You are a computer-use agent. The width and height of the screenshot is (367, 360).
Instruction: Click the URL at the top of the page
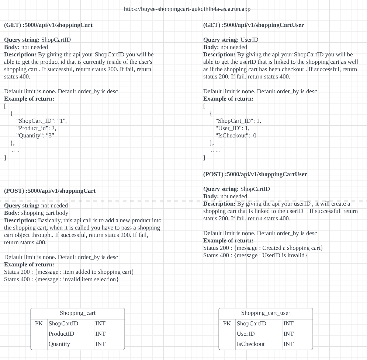coord(187,9)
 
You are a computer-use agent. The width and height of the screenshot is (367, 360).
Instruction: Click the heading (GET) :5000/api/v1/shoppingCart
coord(48,25)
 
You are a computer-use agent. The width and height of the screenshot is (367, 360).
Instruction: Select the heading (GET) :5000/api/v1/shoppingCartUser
coord(253,25)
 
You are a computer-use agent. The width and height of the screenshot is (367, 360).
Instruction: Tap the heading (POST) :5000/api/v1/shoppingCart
coord(50,191)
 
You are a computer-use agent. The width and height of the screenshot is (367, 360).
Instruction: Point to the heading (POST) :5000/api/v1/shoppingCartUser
coord(255,174)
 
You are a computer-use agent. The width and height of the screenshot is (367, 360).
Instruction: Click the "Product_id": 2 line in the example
coord(36,128)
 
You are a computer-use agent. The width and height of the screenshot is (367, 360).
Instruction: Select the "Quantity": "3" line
coord(35,136)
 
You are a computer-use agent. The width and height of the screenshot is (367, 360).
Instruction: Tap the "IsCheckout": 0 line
coord(236,136)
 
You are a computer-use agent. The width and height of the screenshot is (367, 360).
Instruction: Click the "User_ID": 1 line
coord(232,128)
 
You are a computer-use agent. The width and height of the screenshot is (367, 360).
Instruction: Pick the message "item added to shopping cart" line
coord(69,272)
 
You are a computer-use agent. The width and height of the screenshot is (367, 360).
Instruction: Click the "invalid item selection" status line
coord(61,279)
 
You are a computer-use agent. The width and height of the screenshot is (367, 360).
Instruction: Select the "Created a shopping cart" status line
coord(263,248)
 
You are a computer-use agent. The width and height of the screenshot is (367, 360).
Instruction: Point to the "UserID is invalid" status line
coord(255,255)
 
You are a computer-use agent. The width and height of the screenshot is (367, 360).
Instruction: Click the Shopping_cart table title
coord(77,313)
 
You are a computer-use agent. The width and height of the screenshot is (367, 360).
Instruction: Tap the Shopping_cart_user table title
coord(266,313)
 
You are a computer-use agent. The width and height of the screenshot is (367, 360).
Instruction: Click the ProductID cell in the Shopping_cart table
coord(61,334)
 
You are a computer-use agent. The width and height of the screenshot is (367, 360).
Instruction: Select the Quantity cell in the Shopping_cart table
coord(59,344)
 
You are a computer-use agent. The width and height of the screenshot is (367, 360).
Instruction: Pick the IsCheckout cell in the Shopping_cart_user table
coord(250,344)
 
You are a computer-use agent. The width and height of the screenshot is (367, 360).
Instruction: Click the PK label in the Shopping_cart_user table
coord(227,324)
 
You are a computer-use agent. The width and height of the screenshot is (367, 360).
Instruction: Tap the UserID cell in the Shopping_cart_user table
coord(246,334)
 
